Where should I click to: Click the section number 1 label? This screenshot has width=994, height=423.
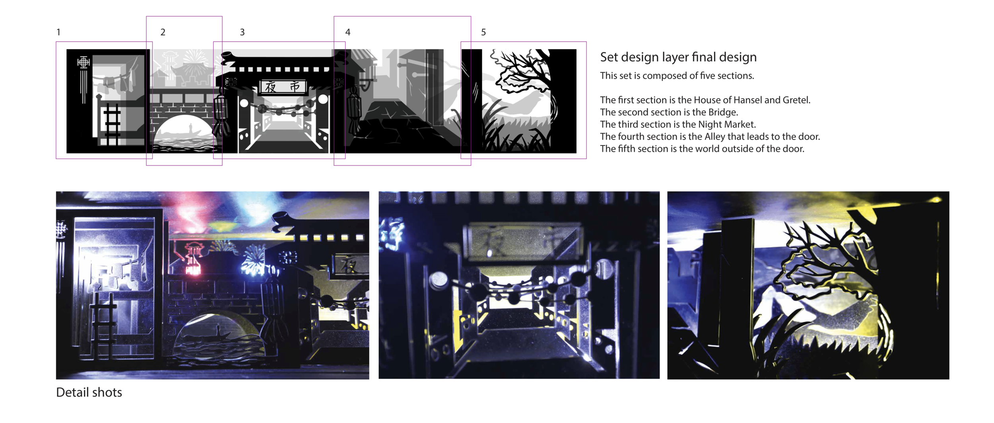click(x=58, y=32)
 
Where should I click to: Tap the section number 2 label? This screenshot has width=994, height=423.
click(x=163, y=32)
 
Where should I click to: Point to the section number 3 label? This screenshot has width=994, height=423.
click(x=242, y=32)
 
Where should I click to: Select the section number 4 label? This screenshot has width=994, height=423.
click(x=348, y=32)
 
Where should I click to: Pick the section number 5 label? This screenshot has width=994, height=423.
click(x=483, y=32)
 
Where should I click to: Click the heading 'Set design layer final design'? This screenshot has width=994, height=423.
click(x=678, y=57)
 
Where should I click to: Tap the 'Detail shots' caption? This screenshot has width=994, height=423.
click(x=89, y=392)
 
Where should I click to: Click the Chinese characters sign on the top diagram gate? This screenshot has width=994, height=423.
click(x=283, y=87)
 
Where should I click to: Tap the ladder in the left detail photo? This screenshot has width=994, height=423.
click(x=103, y=324)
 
